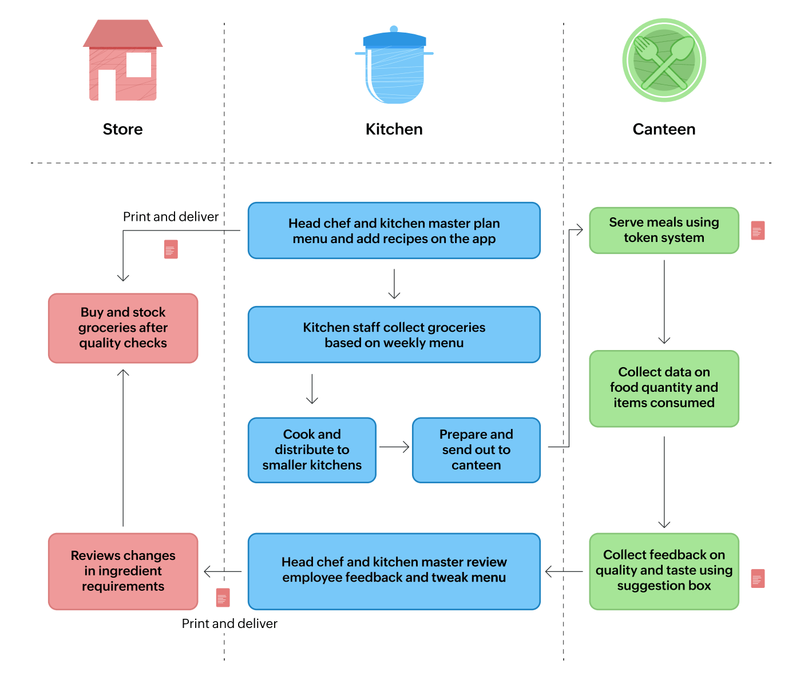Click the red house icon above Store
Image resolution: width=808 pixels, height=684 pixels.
[122, 62]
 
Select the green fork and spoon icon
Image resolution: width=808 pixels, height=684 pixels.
[664, 61]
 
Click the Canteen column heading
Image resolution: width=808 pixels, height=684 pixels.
[664, 129]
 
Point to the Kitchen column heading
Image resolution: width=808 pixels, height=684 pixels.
[394, 129]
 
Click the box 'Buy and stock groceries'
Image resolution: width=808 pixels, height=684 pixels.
[123, 328]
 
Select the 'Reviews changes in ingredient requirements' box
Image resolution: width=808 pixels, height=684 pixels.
[123, 571]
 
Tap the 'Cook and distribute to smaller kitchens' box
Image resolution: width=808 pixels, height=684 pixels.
[312, 450]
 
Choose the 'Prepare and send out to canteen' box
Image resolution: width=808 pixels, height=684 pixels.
[476, 450]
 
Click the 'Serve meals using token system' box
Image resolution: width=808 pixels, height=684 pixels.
[664, 230]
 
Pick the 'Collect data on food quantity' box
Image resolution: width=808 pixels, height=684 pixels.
[664, 388]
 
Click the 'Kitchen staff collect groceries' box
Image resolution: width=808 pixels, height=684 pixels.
[394, 335]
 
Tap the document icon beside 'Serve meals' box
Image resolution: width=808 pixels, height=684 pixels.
[758, 230]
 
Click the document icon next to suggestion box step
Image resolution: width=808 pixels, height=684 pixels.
[758, 578]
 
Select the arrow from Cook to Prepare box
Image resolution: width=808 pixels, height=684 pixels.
[394, 447]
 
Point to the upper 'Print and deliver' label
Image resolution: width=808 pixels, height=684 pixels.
[171, 217]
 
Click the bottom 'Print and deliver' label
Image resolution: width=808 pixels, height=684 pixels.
[229, 623]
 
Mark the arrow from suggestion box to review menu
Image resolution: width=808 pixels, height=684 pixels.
[564, 571]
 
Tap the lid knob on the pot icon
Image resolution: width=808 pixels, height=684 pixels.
[394, 29]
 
